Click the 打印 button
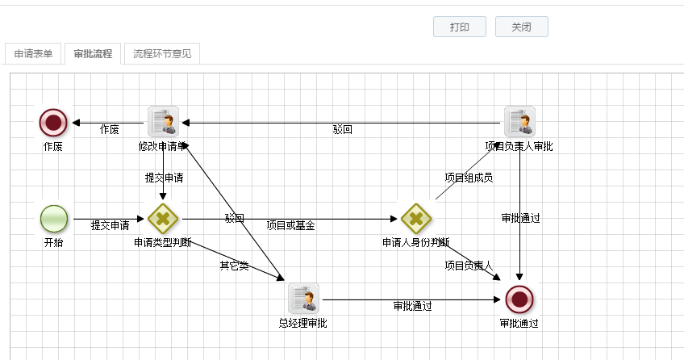click(x=460, y=27)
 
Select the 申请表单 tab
click(x=34, y=54)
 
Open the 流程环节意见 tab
click(x=162, y=54)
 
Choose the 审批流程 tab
click(x=93, y=54)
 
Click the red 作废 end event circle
click(x=53, y=123)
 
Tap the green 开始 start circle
click(x=53, y=218)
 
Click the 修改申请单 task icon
click(x=163, y=121)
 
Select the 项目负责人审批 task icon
click(x=519, y=121)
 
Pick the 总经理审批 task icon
click(x=303, y=299)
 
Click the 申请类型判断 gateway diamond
click(x=163, y=218)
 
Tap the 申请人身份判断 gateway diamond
click(x=416, y=218)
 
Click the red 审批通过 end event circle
click(x=519, y=299)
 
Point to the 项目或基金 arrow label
click(x=290, y=225)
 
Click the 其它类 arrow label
click(x=234, y=266)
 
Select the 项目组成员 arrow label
click(x=469, y=178)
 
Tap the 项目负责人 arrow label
click(x=468, y=266)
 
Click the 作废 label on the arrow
click(x=109, y=129)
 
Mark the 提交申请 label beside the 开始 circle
click(x=110, y=225)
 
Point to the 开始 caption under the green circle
click(x=53, y=242)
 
